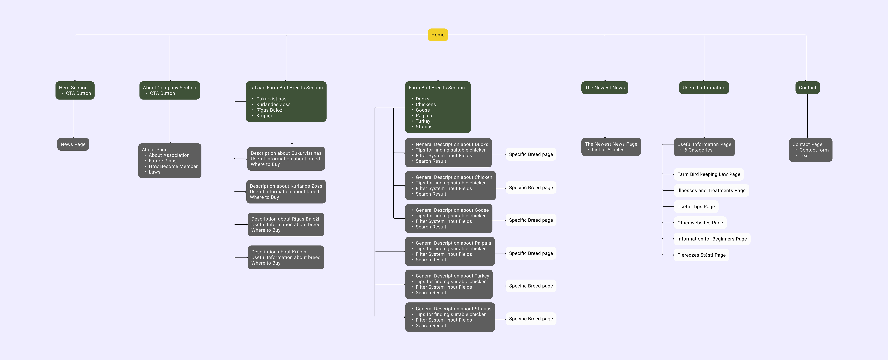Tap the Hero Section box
click(x=75, y=90)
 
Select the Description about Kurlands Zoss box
click(x=286, y=191)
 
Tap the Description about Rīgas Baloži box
click(x=286, y=224)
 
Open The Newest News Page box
click(x=611, y=147)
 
